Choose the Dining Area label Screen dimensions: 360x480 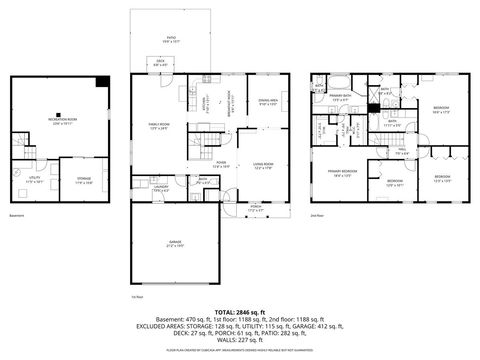click(x=267, y=102)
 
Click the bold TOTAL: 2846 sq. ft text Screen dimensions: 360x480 click(x=240, y=313)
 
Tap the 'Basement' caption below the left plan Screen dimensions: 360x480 click(x=16, y=216)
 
